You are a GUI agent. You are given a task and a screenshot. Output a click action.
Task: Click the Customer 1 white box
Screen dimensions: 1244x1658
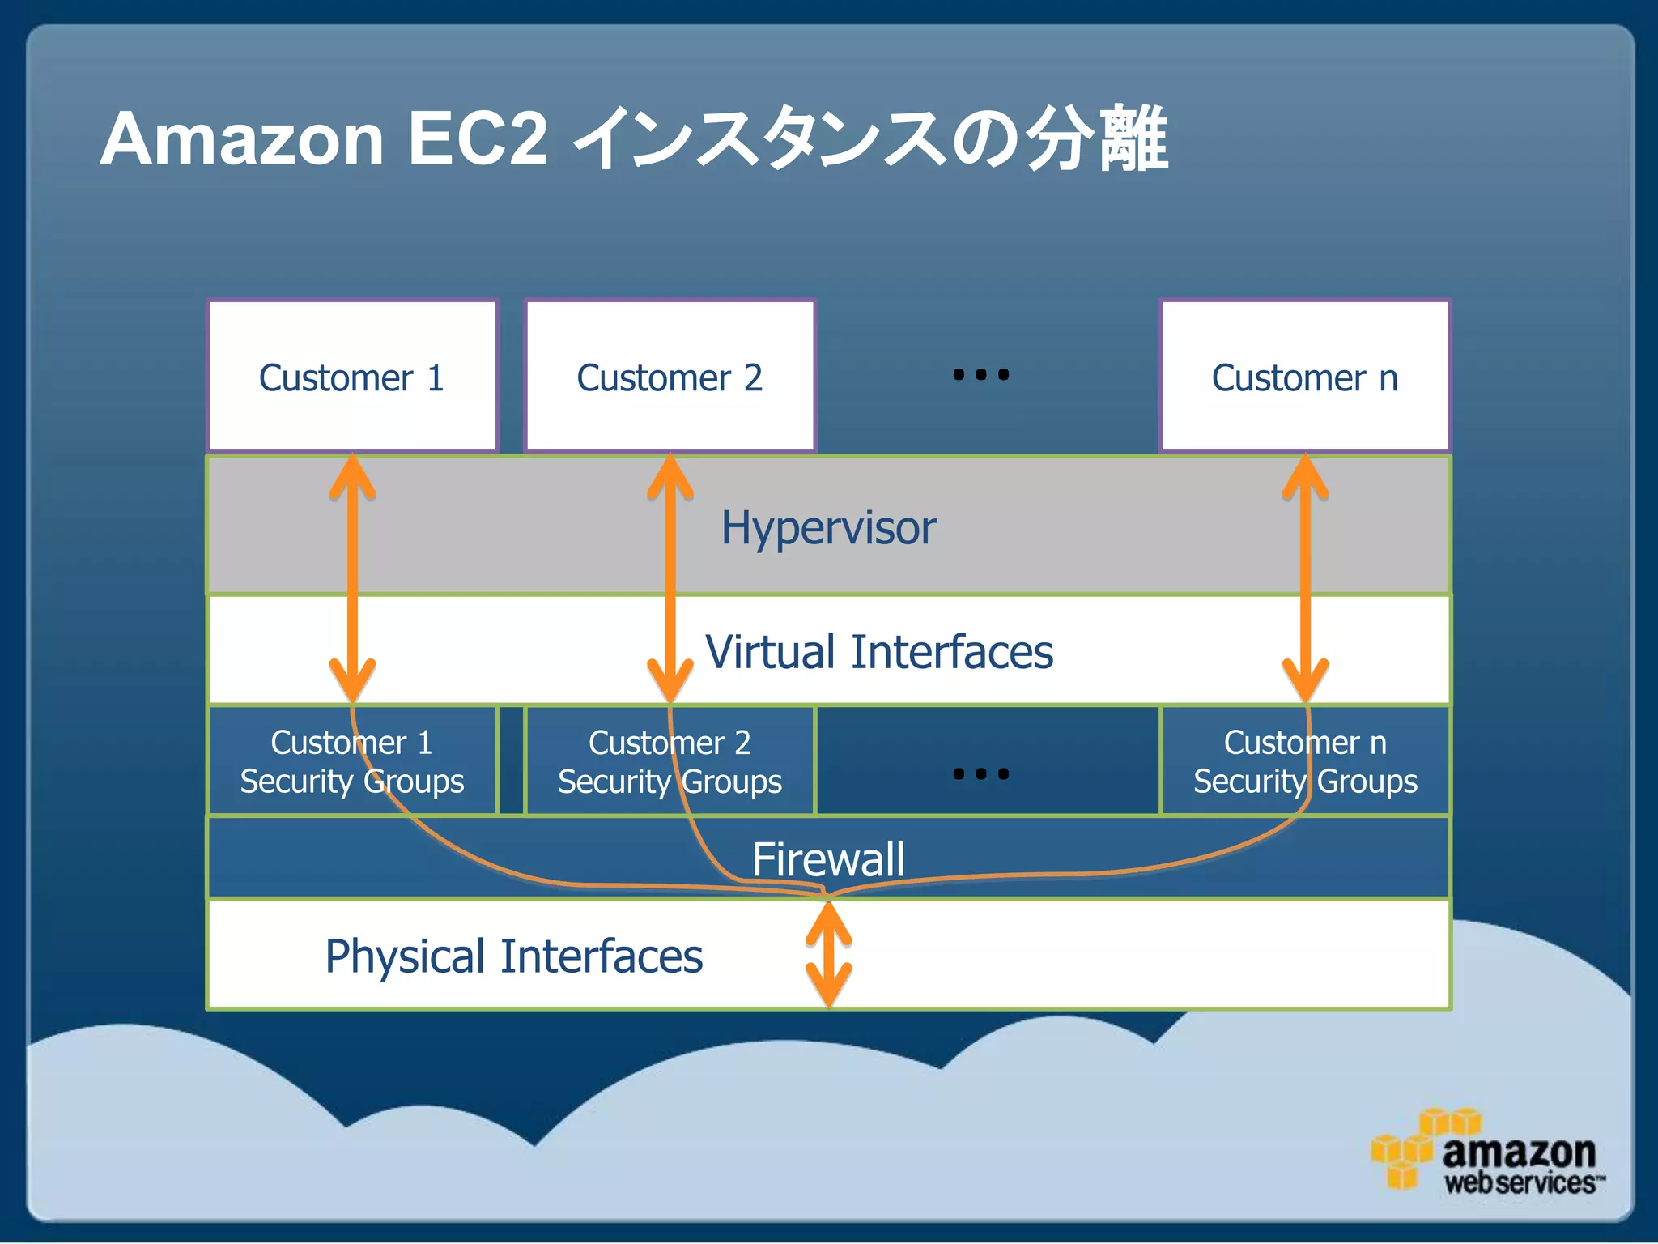pyautogui.click(x=352, y=377)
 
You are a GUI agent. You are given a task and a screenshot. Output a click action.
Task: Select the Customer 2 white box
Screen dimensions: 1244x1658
pyautogui.click(x=670, y=377)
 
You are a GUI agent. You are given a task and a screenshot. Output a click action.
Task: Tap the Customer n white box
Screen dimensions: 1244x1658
pyautogui.click(x=1304, y=377)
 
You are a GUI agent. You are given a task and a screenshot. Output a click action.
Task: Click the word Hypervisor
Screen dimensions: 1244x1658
pyautogui.click(x=828, y=528)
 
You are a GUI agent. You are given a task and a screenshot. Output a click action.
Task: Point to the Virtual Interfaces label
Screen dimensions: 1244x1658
pyautogui.click(x=879, y=651)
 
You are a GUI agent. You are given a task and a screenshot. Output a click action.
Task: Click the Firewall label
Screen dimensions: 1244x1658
pyautogui.click(x=828, y=858)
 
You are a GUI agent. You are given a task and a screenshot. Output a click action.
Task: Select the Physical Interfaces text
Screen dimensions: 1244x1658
pyautogui.click(x=513, y=956)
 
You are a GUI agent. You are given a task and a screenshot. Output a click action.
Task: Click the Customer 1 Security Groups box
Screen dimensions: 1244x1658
pyautogui.click(x=352, y=761)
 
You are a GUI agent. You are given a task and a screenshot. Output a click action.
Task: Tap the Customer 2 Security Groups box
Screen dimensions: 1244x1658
pyautogui.click(x=670, y=761)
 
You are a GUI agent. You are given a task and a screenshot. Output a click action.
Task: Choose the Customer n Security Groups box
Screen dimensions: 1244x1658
pyautogui.click(x=1304, y=761)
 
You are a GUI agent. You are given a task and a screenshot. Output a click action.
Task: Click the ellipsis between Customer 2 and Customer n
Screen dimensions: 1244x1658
pyautogui.click(x=980, y=375)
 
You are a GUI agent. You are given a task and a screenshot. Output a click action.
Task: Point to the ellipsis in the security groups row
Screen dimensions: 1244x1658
pyautogui.click(x=980, y=774)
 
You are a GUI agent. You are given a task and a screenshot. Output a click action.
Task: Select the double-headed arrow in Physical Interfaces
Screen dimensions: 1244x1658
pyautogui.click(x=828, y=954)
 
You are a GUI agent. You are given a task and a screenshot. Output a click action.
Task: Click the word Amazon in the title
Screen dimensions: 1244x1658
pyautogui.click(x=241, y=139)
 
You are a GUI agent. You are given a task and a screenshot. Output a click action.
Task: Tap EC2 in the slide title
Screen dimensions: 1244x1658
pyautogui.click(x=478, y=139)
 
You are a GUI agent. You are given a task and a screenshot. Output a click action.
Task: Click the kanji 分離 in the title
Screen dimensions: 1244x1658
pyautogui.click(x=1097, y=139)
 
